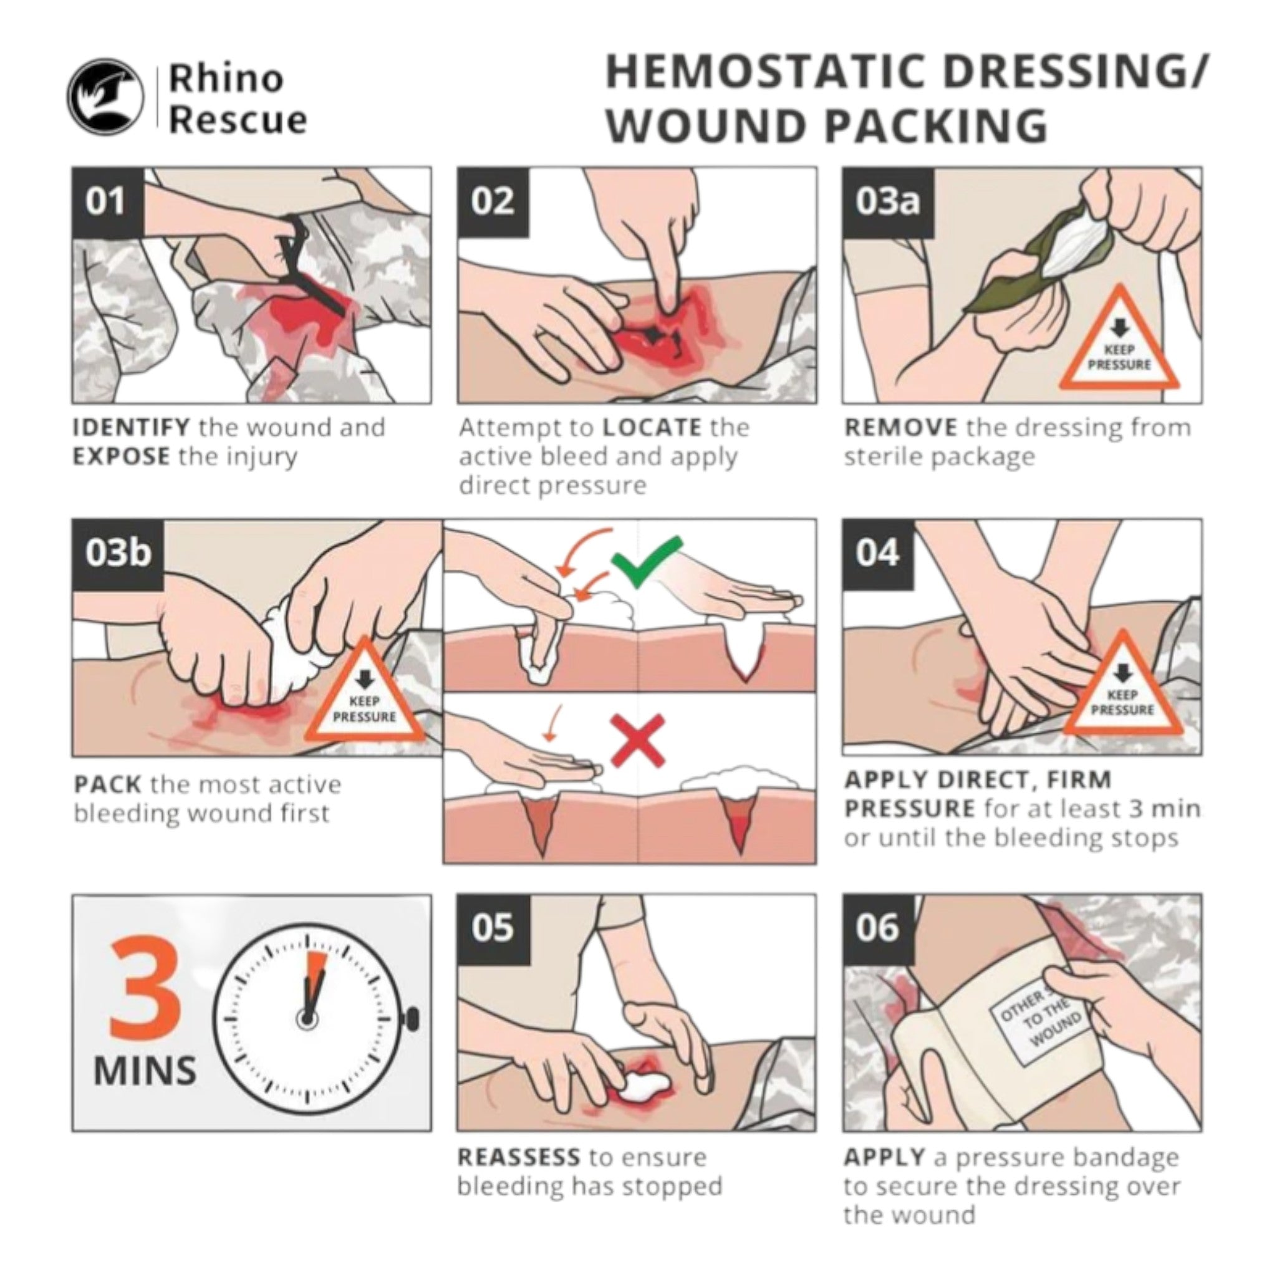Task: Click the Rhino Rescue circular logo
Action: coord(105,97)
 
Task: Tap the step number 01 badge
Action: coord(108,201)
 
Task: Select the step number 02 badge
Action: coord(493,201)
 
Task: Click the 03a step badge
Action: coord(888,201)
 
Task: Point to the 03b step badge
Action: coord(118,554)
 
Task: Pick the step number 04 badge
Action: coord(879,554)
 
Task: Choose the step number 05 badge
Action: coord(493,928)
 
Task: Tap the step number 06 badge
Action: coord(879,928)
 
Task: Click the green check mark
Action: coord(647,562)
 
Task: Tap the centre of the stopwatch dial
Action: coord(307,1019)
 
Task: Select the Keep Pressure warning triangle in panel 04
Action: coord(1121,689)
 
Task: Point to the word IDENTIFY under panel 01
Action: coord(132,428)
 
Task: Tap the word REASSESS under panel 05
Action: coord(519,1157)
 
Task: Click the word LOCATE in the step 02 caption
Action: coord(652,428)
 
